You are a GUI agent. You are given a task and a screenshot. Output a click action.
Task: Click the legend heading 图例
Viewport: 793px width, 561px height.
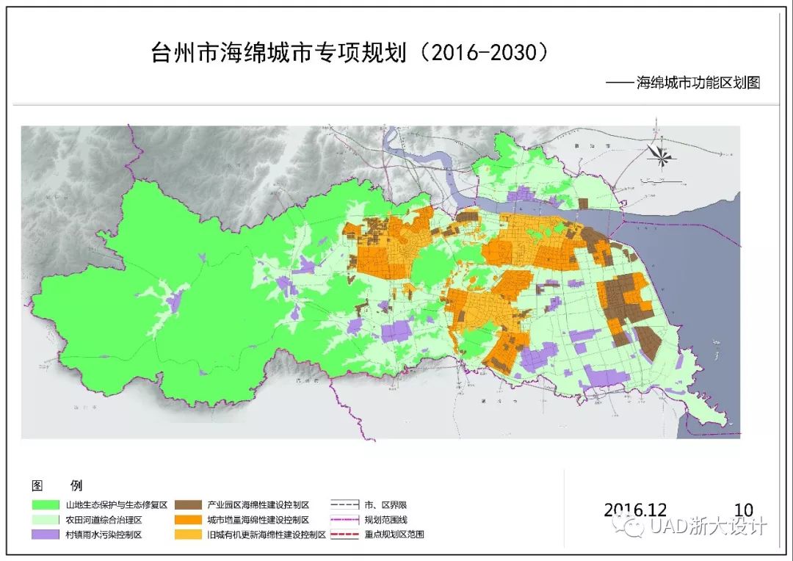pos(57,485)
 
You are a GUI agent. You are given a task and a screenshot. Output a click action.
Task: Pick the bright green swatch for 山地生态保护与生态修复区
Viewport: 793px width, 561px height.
pos(46,505)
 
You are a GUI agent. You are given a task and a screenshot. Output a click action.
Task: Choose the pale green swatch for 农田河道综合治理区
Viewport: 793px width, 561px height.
pos(46,520)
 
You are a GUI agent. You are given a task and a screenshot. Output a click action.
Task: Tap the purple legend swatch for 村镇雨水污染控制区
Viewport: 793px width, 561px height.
pos(46,535)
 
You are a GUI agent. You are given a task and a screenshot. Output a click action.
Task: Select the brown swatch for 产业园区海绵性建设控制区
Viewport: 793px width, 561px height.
pos(188,505)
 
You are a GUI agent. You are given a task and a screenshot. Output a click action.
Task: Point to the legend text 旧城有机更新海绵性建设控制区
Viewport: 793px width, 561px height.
pos(266,535)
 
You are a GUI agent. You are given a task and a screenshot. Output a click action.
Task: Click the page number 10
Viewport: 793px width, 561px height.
pos(743,510)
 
